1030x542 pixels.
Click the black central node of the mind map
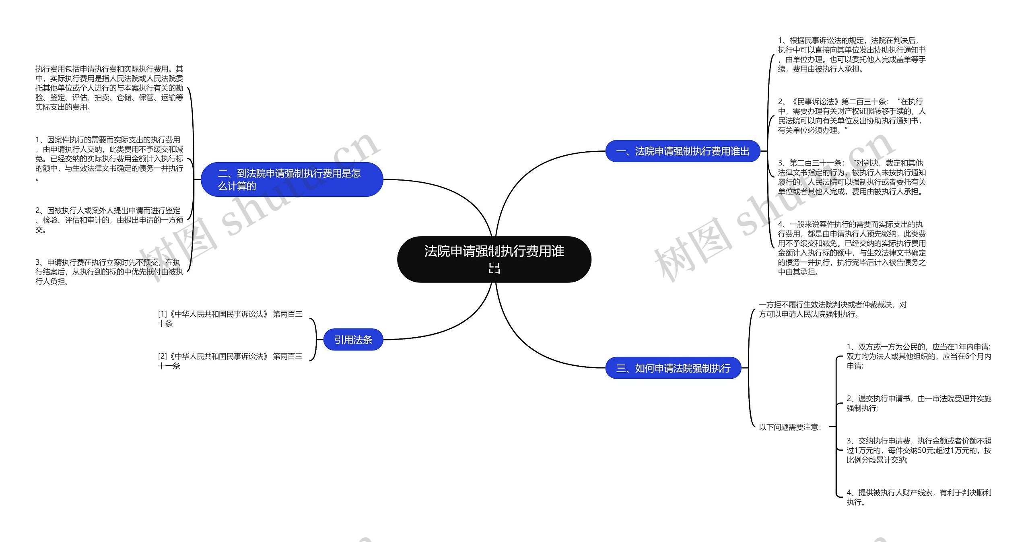tap(494, 259)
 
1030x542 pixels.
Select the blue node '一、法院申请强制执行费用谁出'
tap(682, 151)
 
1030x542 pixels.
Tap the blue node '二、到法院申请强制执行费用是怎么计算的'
tap(292, 179)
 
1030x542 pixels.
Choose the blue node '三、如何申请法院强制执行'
tap(673, 368)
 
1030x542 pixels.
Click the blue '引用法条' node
tap(353, 340)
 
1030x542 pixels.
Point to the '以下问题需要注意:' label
tap(790, 427)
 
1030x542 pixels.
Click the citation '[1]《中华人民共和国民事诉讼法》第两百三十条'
tap(230, 319)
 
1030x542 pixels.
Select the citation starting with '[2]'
tap(230, 361)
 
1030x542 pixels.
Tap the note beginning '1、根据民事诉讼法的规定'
tap(852, 55)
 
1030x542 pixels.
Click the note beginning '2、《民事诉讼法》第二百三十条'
tap(852, 116)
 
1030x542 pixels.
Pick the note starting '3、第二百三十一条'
tap(852, 177)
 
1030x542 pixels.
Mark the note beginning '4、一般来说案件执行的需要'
tap(852, 248)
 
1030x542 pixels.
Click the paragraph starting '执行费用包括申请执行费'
tap(109, 88)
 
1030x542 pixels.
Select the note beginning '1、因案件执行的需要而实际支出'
tap(109, 159)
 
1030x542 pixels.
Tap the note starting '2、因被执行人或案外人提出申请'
tap(109, 220)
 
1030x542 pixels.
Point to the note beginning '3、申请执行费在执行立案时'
tap(109, 272)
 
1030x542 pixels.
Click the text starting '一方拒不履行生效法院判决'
tap(833, 309)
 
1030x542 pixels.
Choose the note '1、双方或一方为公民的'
tap(919, 356)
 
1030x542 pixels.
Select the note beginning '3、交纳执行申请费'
tap(919, 450)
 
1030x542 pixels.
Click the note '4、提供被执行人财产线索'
tap(919, 497)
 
